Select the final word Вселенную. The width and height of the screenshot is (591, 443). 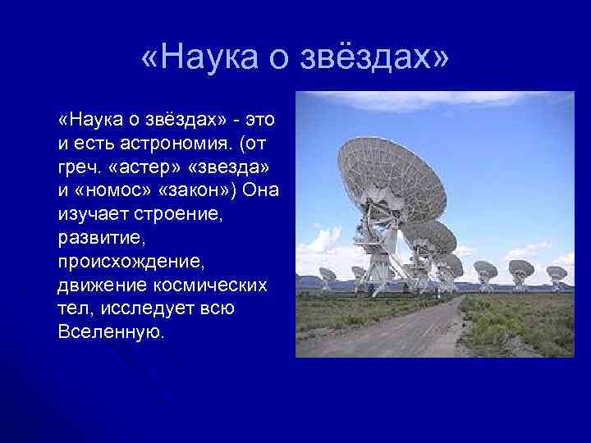[x=112, y=332]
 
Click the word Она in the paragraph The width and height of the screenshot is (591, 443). [x=260, y=190]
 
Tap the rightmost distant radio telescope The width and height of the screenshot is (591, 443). [x=557, y=273]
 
